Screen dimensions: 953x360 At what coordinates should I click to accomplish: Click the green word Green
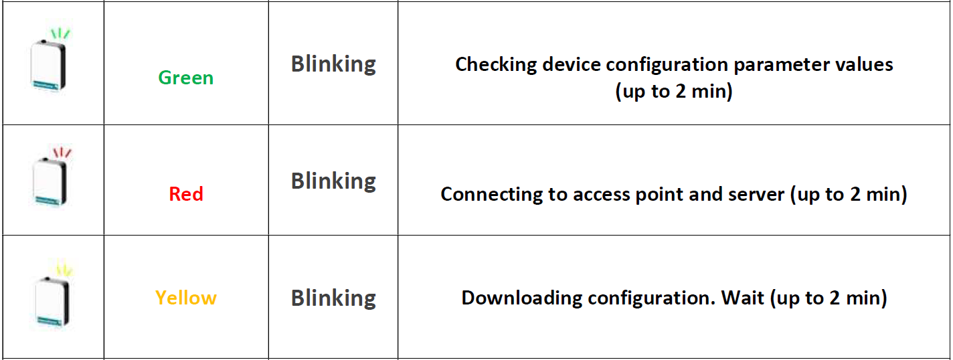[185, 78]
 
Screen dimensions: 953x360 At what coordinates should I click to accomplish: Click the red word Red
[185, 194]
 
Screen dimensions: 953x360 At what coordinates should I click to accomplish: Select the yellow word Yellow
[185, 298]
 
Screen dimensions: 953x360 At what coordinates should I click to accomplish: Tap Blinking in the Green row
[333, 64]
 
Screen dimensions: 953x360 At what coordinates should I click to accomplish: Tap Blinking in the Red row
[333, 181]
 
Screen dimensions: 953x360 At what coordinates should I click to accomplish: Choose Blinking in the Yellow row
[333, 298]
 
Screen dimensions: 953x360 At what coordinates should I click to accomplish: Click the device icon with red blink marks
[50, 181]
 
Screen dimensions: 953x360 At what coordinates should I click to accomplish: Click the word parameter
[776, 65]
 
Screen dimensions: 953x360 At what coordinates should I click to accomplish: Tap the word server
[756, 195]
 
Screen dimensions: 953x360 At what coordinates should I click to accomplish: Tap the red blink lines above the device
[62, 152]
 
